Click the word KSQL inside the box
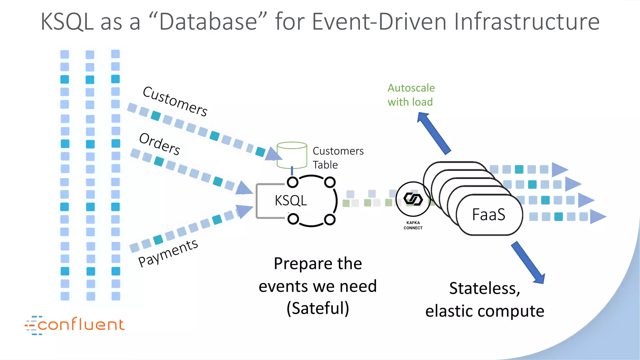coord(291,201)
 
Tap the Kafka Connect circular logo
coord(413,199)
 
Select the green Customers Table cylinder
coord(292,155)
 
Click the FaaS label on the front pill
coord(488,215)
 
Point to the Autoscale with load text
coord(411,95)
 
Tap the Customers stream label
coord(175,101)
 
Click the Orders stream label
coord(160,144)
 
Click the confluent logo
coord(75,325)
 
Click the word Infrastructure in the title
coord(527,22)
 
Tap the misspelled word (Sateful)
coord(318,308)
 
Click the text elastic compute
coord(485,311)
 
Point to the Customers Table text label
coord(338,158)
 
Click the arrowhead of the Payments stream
coord(244,211)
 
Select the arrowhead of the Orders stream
coord(244,188)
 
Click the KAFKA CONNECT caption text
coord(413,225)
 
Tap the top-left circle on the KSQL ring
coord(293,182)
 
